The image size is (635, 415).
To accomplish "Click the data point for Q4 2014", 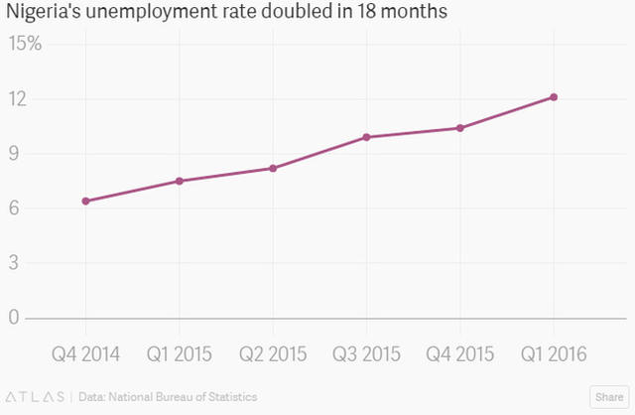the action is pyautogui.click(x=86, y=201).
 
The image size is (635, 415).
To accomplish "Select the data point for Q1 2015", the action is pyautogui.click(x=180, y=181).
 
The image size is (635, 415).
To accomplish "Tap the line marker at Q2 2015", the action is pyautogui.click(x=273, y=168).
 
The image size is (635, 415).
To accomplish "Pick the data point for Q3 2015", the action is pyautogui.click(x=366, y=137).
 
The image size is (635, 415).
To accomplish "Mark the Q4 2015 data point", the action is pyautogui.click(x=460, y=128).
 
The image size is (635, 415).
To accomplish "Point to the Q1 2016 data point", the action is pyautogui.click(x=554, y=97).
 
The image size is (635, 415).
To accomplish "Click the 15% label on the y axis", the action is pyautogui.click(x=25, y=43).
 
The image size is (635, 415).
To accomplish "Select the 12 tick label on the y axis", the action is pyautogui.click(x=18, y=99).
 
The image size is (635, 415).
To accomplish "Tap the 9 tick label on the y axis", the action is pyautogui.click(x=14, y=154).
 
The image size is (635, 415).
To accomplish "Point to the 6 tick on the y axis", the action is pyautogui.click(x=14, y=207).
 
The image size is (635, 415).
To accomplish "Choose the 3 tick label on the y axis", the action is pyautogui.click(x=14, y=263).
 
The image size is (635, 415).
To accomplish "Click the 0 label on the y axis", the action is pyautogui.click(x=14, y=317).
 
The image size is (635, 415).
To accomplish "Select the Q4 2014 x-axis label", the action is pyautogui.click(x=86, y=354).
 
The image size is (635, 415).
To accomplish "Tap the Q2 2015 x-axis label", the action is pyautogui.click(x=273, y=354).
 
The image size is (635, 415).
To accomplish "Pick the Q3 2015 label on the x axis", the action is pyautogui.click(x=366, y=354).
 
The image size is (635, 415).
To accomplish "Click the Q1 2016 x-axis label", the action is pyautogui.click(x=554, y=354).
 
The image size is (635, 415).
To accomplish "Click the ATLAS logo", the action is pyautogui.click(x=36, y=397).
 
